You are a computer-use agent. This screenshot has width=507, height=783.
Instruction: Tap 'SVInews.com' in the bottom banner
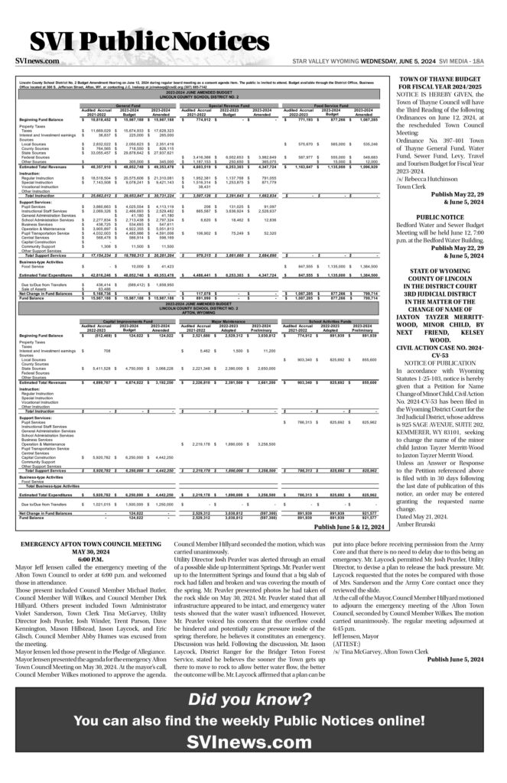pyautogui.click(x=253, y=742)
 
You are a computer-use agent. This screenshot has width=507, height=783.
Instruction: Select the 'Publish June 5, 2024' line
pyautogui.click(x=457, y=658)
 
